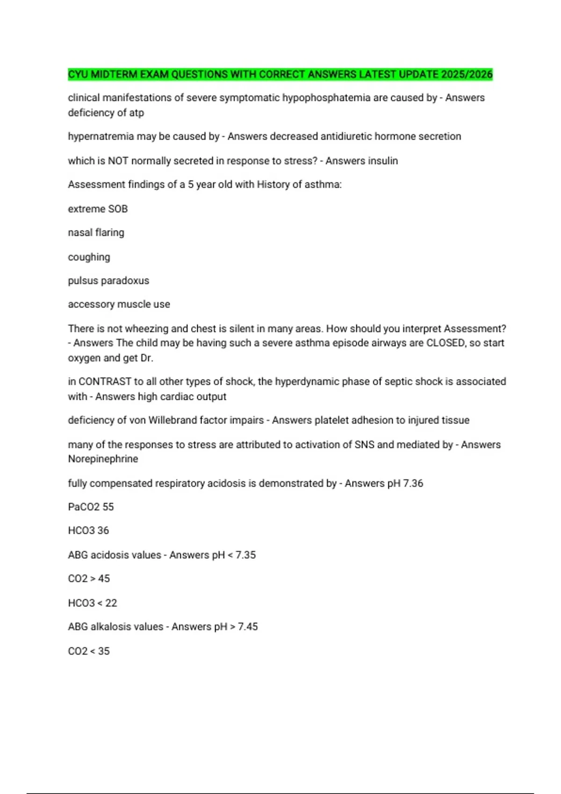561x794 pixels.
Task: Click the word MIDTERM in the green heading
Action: coord(114,74)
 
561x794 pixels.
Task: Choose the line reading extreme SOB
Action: coord(98,209)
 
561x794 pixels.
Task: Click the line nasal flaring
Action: coord(96,233)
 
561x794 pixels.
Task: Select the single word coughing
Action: coord(89,257)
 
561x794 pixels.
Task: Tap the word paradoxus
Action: coord(125,281)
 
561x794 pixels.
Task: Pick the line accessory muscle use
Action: coord(119,305)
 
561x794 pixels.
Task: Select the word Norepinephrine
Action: coord(103,459)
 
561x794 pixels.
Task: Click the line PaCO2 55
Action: coord(91,507)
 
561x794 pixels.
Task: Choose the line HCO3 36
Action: coord(88,531)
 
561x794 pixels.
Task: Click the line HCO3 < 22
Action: coord(93,603)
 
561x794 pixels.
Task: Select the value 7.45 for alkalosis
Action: coord(248,627)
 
